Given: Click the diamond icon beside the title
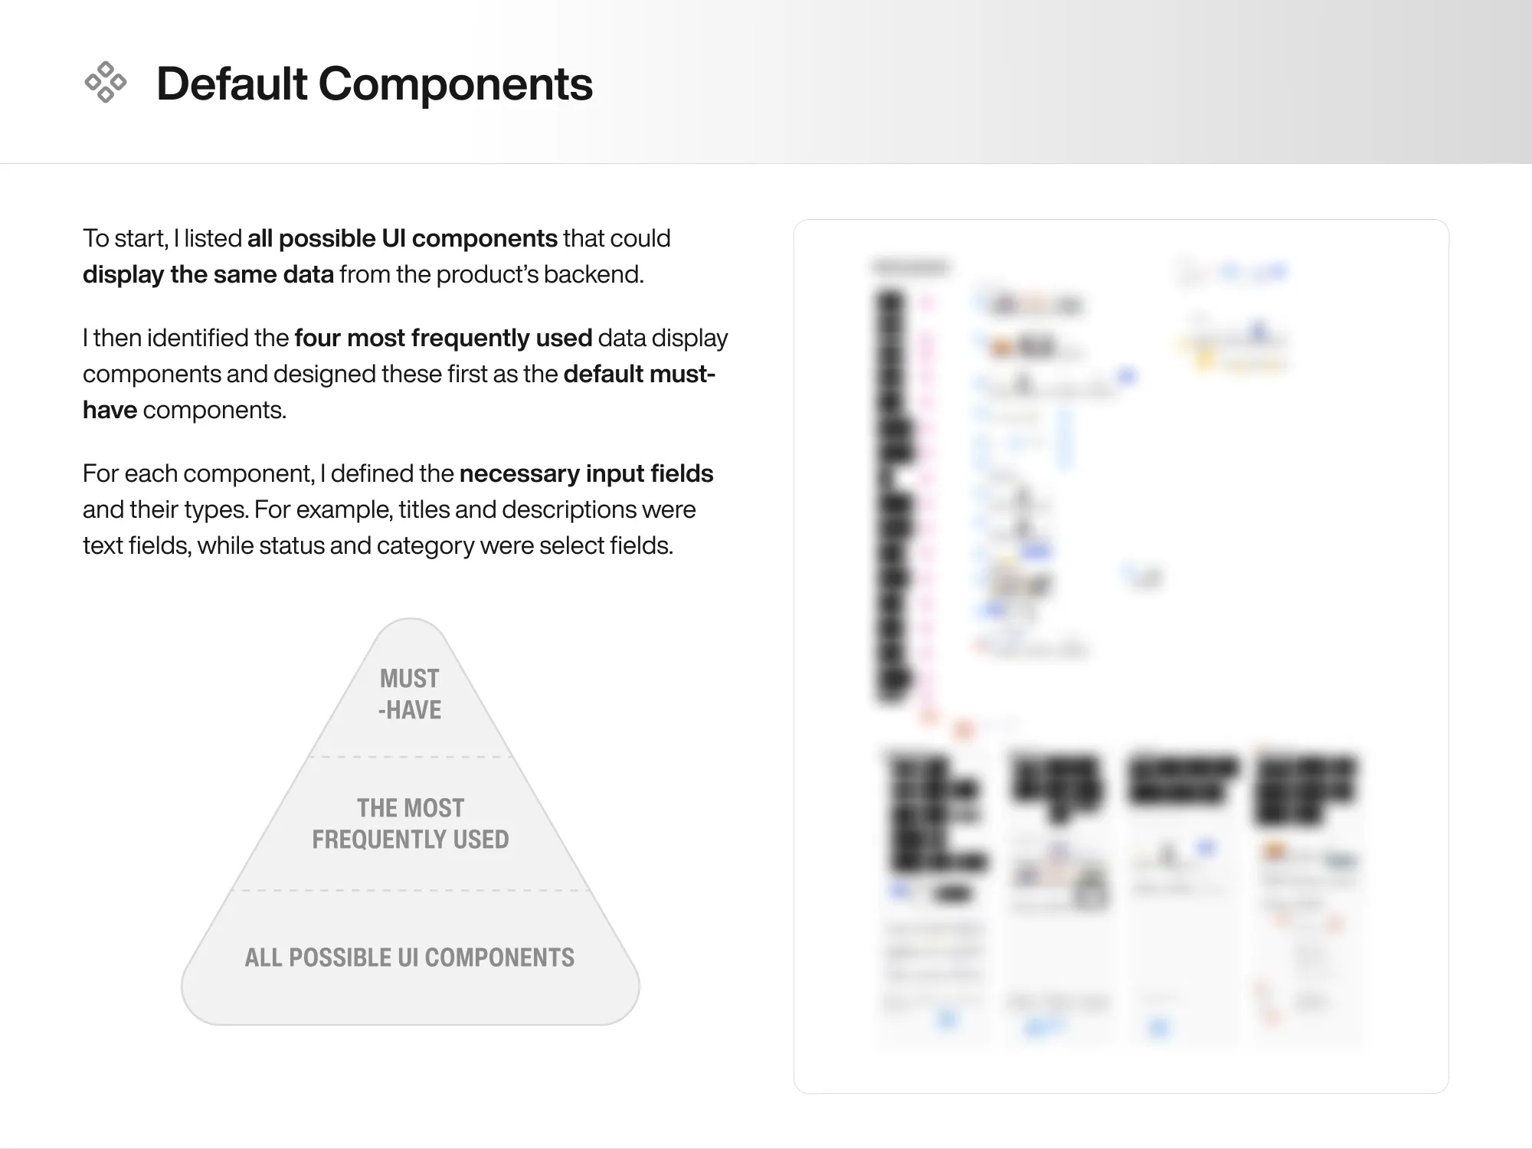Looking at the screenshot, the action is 105,82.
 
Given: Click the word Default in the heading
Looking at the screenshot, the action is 231,83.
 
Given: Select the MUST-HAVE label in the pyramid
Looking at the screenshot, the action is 410,694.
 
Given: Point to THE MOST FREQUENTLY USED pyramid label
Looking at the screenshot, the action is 410,823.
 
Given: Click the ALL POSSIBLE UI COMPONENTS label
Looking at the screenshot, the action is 410,957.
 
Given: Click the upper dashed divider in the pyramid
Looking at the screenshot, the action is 410,757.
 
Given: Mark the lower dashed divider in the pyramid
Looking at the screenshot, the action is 410,890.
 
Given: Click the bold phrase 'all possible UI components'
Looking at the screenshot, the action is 402,238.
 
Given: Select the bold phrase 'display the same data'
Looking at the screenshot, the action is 208,274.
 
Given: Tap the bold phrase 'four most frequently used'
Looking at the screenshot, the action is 443,338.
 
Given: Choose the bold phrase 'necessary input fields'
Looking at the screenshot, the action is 586,473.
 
